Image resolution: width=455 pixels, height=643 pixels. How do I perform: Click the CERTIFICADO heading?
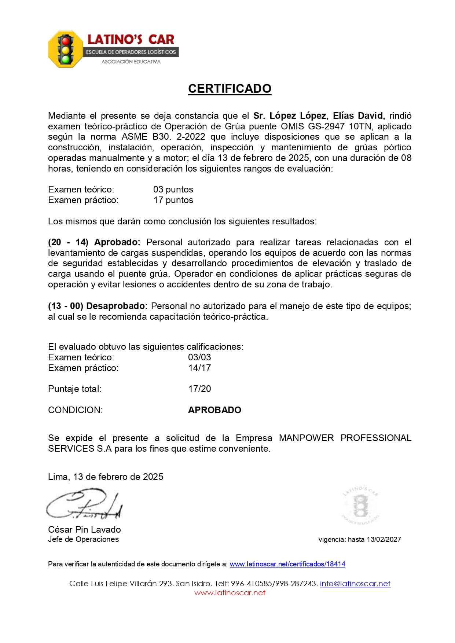(x=230, y=89)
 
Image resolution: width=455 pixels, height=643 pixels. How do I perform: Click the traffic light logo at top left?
(x=66, y=49)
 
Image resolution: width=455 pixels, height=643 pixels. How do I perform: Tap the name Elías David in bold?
(x=358, y=116)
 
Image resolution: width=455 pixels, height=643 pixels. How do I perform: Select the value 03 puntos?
(x=173, y=190)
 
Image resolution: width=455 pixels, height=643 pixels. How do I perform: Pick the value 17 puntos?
(x=173, y=200)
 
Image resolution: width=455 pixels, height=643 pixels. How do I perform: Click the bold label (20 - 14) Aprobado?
(x=94, y=242)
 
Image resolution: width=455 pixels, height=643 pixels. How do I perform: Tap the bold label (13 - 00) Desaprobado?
(x=98, y=306)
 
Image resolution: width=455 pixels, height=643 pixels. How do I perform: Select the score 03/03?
(x=199, y=357)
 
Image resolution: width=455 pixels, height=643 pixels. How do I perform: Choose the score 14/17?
(x=199, y=368)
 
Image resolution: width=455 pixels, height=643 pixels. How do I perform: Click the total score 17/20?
(x=199, y=389)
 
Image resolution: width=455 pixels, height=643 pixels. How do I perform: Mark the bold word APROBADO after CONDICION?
(x=214, y=410)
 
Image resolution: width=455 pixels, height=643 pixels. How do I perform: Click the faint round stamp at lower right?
(x=361, y=506)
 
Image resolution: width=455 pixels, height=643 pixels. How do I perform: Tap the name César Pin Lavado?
(x=84, y=530)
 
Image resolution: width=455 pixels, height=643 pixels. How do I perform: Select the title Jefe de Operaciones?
(x=83, y=539)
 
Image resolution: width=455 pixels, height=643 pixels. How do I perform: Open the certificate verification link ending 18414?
(x=287, y=564)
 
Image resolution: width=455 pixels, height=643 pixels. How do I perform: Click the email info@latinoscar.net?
(x=355, y=584)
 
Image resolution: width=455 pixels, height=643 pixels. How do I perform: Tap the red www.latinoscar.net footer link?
(x=230, y=593)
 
